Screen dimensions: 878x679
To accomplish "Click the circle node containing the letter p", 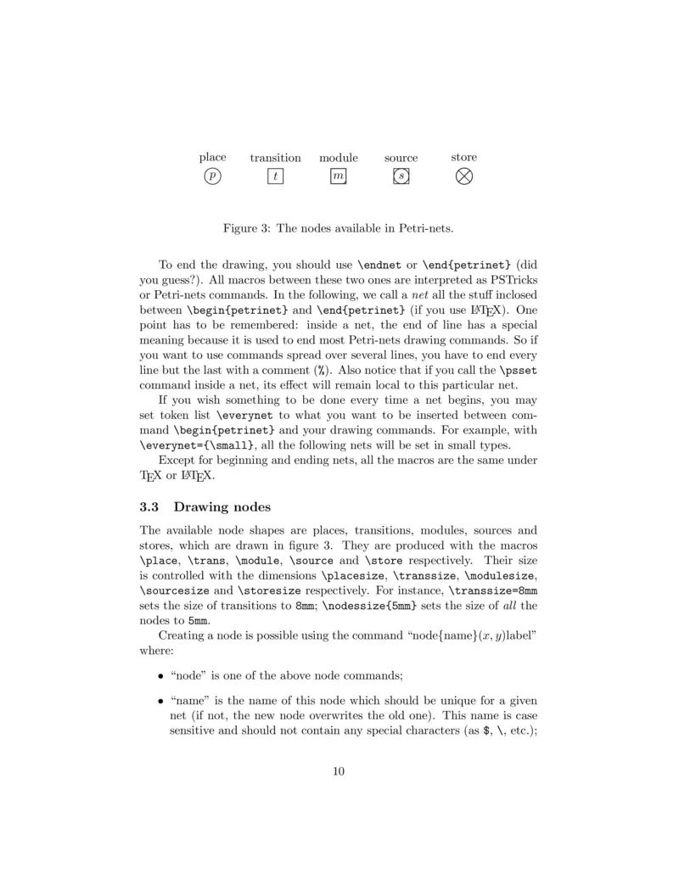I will pos(212,176).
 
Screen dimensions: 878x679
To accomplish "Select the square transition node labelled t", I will pos(275,176).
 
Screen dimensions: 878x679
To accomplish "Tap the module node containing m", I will pos(339,176).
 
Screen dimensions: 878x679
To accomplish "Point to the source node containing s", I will pos(401,176).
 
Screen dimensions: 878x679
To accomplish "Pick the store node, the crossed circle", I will pos(464,176).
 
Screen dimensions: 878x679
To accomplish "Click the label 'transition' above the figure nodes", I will pos(275,158).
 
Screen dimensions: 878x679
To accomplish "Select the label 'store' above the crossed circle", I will pos(464,157).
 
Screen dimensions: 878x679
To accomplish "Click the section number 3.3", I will pos(149,508).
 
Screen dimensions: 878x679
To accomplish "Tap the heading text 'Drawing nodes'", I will pos(222,508).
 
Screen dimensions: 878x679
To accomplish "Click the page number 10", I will pos(339,771).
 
